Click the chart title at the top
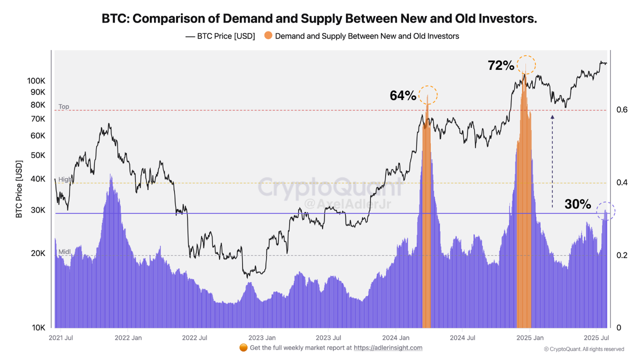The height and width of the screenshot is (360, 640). (x=319, y=18)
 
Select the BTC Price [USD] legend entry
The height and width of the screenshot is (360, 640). (x=220, y=36)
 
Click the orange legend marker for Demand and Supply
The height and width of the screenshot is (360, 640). (x=268, y=36)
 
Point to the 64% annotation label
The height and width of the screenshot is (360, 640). (x=403, y=95)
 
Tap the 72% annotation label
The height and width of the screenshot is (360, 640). (x=500, y=65)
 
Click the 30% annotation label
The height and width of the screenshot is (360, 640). (x=577, y=204)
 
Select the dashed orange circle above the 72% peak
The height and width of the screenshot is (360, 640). (x=526, y=64)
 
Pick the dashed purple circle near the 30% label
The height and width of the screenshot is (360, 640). (x=606, y=211)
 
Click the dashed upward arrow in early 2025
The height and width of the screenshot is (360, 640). (x=552, y=160)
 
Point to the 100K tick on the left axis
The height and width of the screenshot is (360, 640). (x=36, y=81)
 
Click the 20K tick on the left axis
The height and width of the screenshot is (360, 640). (x=38, y=253)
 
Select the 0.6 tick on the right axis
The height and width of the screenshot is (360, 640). (x=621, y=109)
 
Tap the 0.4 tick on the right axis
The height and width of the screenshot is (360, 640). (x=621, y=182)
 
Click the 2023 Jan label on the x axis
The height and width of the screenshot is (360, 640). (x=262, y=337)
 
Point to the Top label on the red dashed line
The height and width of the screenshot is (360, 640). (x=63, y=106)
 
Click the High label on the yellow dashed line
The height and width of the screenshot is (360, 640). (x=65, y=179)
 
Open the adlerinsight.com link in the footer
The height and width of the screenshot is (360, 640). (x=388, y=347)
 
